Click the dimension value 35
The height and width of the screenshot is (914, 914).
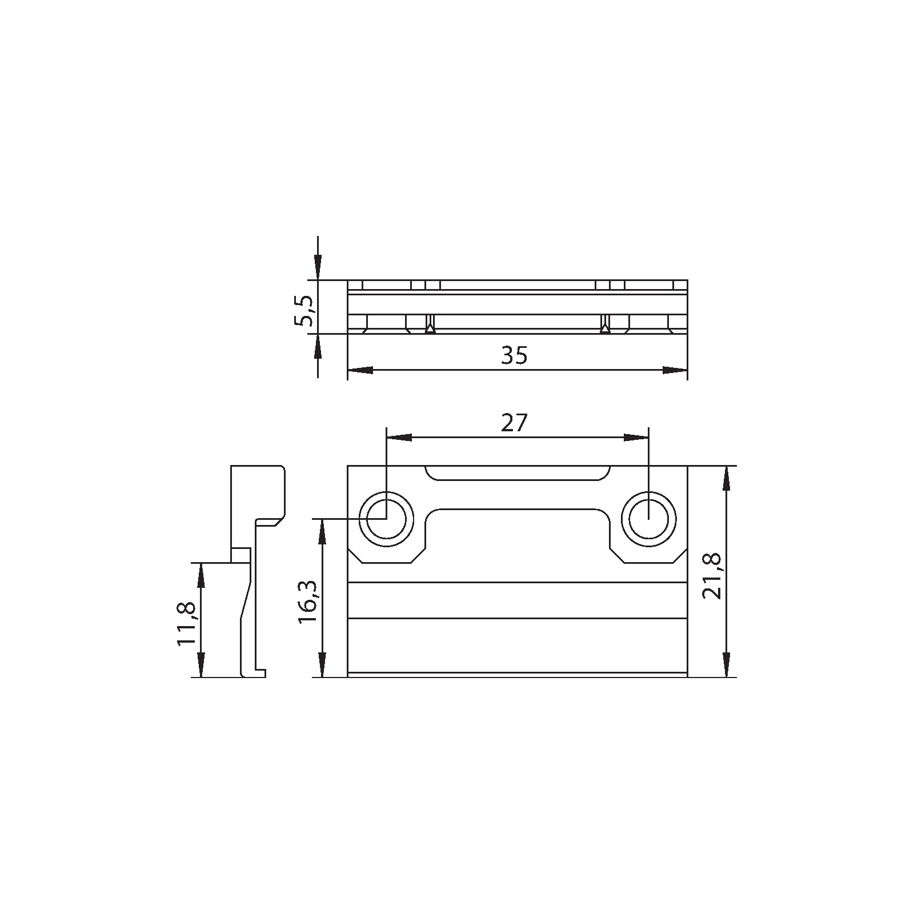click(514, 355)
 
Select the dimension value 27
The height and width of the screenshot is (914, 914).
click(514, 423)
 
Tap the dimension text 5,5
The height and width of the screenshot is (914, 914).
click(303, 310)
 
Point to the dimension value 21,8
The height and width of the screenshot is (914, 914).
click(712, 576)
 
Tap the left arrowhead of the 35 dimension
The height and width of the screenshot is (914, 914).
click(360, 371)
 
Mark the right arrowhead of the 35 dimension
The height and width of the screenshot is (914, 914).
click(675, 371)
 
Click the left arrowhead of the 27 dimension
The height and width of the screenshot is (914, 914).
click(399, 438)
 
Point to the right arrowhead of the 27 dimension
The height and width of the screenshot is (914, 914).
click(636, 438)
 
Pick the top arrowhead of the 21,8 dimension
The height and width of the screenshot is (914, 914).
click(725, 479)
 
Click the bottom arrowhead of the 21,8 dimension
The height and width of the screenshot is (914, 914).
click(725, 664)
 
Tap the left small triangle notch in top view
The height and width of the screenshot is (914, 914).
click(430, 328)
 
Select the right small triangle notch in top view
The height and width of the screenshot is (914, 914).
click(605, 328)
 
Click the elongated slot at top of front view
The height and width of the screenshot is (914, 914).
click(517, 473)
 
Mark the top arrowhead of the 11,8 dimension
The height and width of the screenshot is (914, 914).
click(201, 576)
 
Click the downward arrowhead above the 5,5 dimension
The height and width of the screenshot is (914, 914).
click(318, 267)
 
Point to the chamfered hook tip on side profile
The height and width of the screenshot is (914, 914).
click(279, 522)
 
